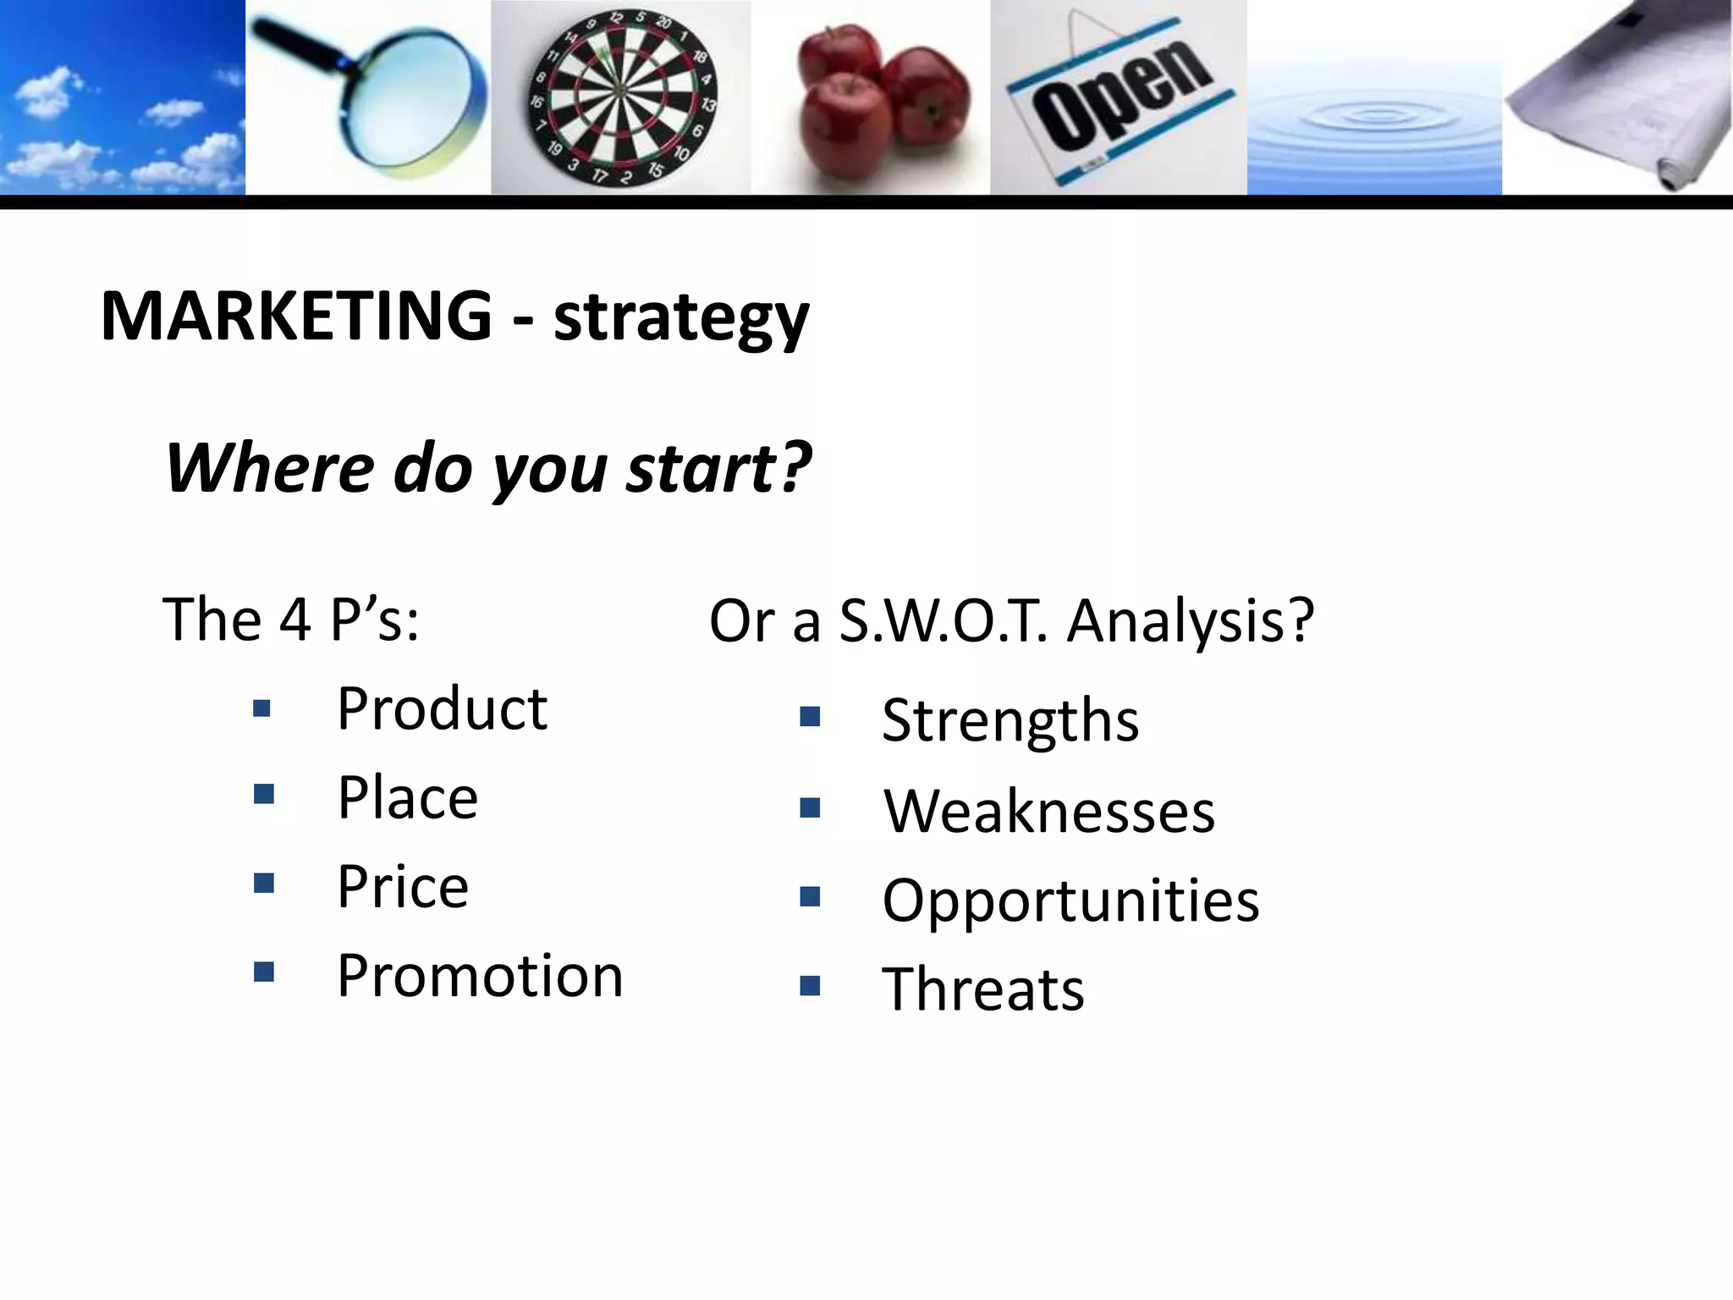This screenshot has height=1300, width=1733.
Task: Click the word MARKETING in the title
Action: coord(295,316)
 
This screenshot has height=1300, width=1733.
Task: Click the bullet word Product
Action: coord(442,709)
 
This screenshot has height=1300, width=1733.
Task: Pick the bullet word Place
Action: coord(407,798)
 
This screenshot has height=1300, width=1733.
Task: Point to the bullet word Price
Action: coord(403,887)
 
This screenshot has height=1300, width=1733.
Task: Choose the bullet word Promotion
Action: coord(480,976)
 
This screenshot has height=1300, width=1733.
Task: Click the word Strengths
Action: coord(1010,720)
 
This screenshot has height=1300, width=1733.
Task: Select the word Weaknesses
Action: coord(1049,812)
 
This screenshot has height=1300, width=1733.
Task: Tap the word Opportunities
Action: coord(1070,901)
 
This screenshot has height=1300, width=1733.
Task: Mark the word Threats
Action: coord(983,989)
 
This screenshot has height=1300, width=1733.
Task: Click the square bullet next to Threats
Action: coord(810,986)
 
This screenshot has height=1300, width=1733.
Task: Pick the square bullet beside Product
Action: coord(262,708)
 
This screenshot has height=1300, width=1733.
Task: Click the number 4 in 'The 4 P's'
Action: coord(294,620)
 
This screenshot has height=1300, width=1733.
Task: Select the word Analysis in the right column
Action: coord(1189,621)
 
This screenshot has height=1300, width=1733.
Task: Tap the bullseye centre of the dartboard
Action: coord(619,91)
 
